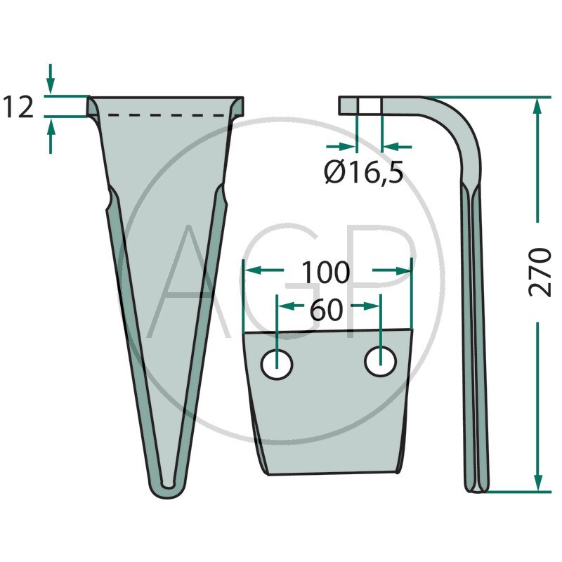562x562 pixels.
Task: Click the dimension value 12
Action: click(18, 107)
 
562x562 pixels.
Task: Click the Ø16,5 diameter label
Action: click(364, 171)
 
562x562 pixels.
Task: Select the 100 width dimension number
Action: click(325, 273)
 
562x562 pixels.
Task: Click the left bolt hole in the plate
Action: click(277, 365)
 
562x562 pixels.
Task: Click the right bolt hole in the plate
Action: click(380, 361)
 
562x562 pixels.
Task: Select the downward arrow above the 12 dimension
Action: click(50, 77)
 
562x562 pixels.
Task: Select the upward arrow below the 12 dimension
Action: click(50, 133)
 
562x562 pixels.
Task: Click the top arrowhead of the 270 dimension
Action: click(538, 105)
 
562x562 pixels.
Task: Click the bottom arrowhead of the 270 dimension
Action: click(538, 483)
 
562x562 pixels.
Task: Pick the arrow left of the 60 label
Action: click(287, 306)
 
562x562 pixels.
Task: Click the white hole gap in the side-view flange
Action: click(370, 105)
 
